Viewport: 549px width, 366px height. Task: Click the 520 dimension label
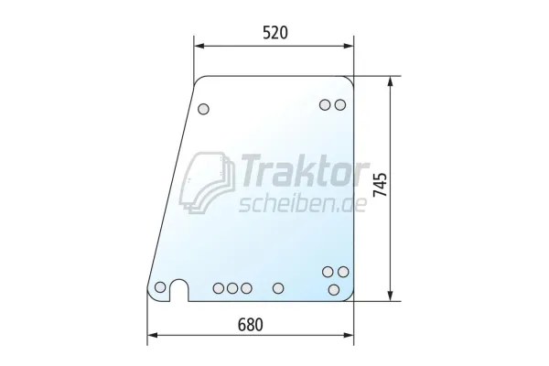(275, 33)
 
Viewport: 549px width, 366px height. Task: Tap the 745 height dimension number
(381, 185)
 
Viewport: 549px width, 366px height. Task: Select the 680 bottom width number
(251, 325)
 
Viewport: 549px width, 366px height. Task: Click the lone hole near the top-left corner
(203, 109)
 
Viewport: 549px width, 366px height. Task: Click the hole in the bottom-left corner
(160, 287)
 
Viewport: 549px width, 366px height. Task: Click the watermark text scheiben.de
(303, 204)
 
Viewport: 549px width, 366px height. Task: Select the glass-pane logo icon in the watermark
(207, 183)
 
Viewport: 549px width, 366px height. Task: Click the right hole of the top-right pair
(340, 104)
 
